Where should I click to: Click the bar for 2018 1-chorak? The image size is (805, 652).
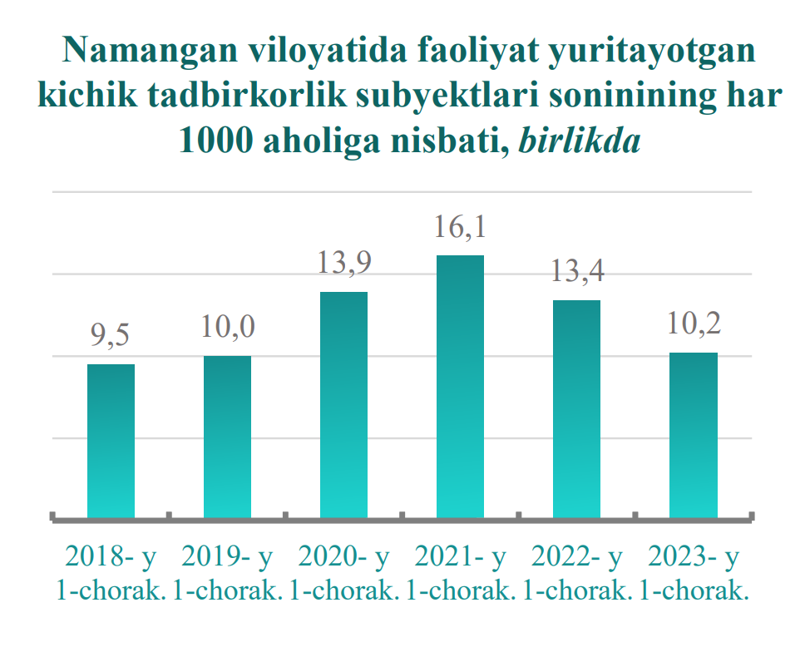point(111,441)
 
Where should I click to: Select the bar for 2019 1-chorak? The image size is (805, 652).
point(227,437)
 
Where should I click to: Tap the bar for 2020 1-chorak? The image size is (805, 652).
point(343,405)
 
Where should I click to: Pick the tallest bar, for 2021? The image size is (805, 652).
point(460,387)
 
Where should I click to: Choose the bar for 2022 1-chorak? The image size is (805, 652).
point(576,409)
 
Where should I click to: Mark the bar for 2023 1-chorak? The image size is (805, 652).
point(694,435)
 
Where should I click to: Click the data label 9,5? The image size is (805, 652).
point(111,337)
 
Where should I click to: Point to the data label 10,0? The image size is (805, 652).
point(227,328)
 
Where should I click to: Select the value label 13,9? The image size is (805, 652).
point(343,264)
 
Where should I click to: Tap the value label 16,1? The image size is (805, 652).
point(460,227)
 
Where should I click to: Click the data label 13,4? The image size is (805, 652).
point(576,272)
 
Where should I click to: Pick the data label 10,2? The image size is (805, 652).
point(694,324)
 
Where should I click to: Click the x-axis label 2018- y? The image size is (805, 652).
point(111,556)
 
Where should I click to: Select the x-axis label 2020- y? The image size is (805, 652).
point(343,556)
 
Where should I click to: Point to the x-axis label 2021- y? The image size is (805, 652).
point(460,556)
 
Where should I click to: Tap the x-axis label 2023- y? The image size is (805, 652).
point(694,556)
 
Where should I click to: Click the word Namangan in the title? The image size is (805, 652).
point(148,52)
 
